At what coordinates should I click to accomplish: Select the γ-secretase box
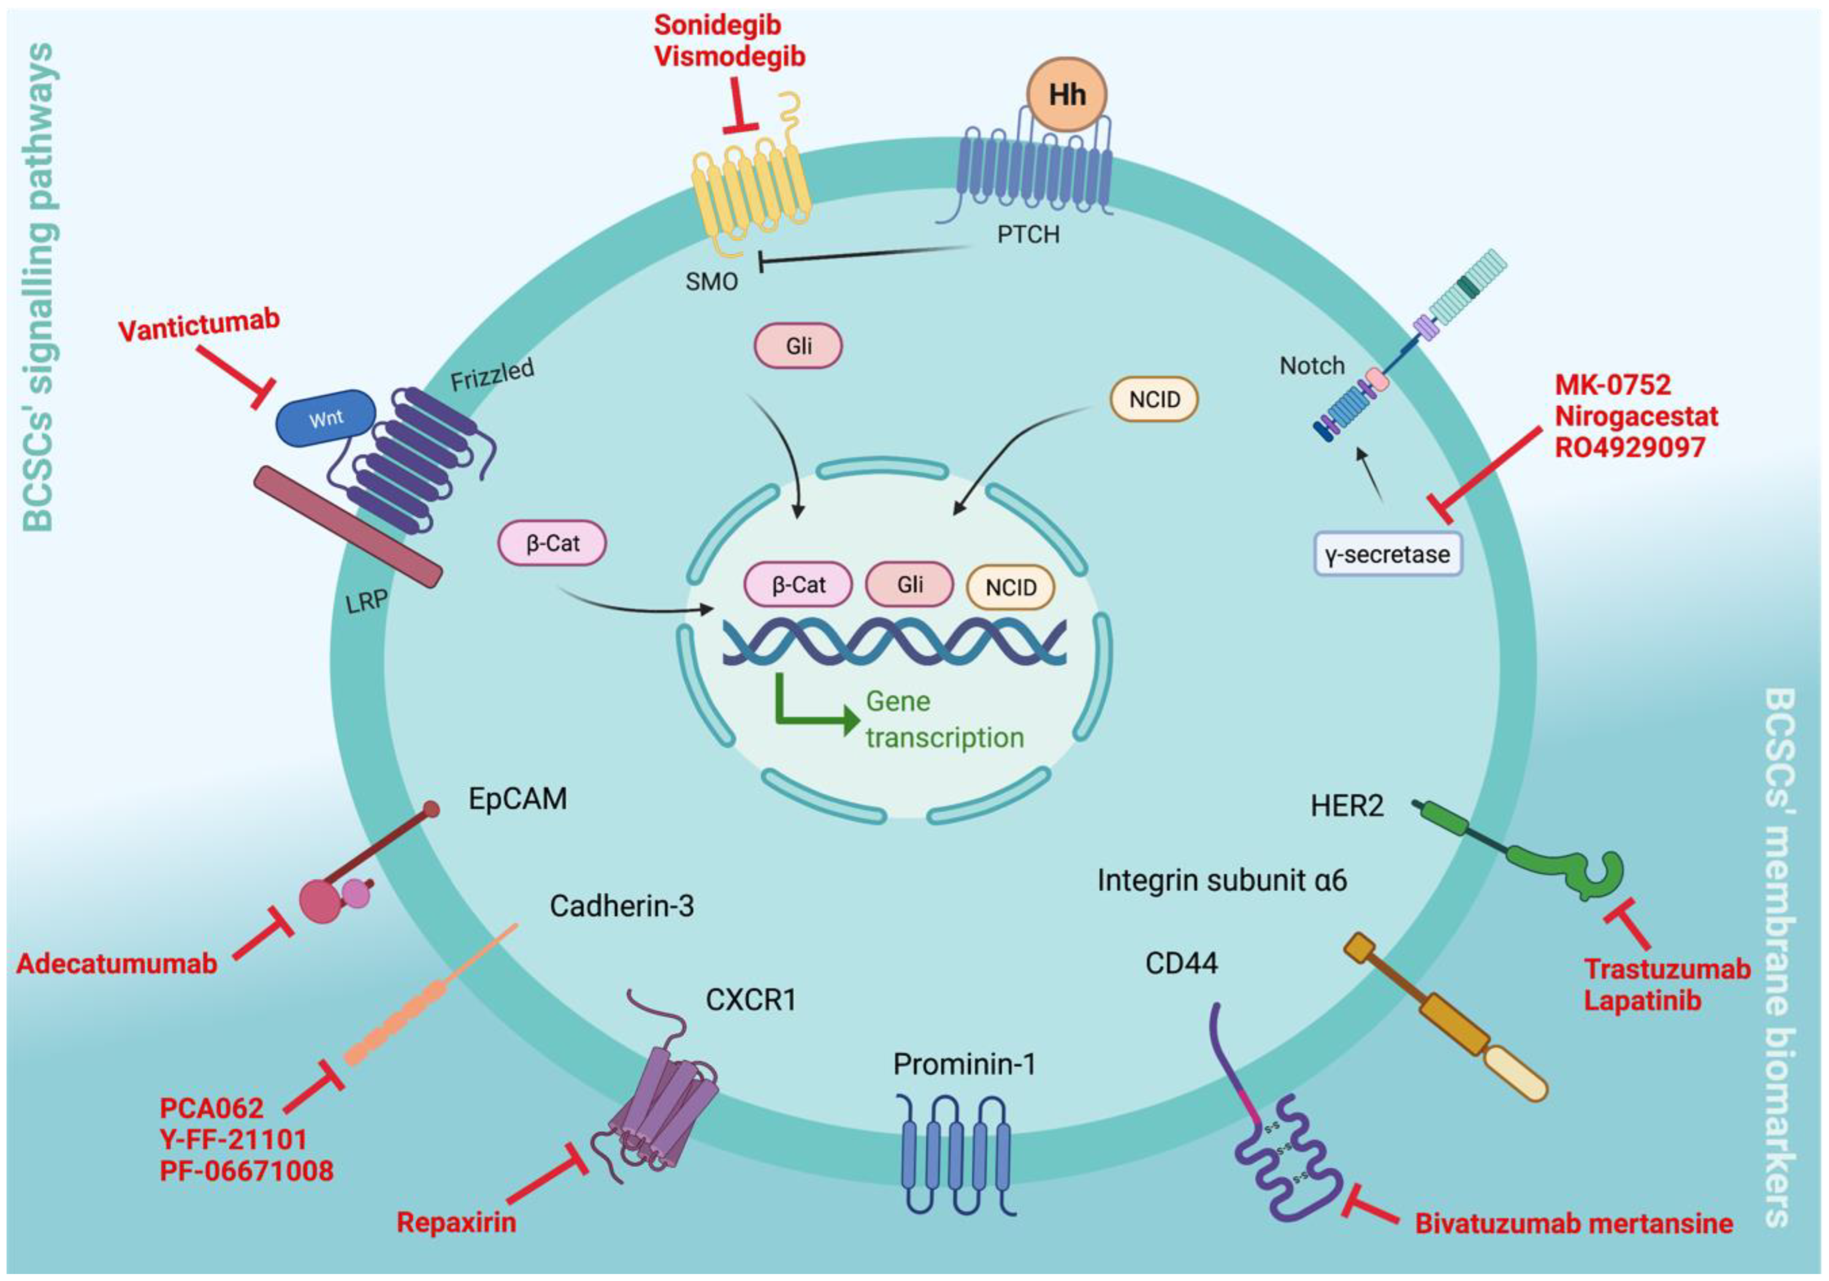click(x=1387, y=554)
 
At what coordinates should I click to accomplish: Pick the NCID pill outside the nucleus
click(x=1154, y=399)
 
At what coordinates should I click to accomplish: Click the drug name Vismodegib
click(x=730, y=56)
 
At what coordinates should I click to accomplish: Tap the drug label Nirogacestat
click(x=1636, y=416)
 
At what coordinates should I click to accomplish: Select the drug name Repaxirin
click(x=457, y=1222)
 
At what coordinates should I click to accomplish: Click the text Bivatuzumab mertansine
click(x=1574, y=1224)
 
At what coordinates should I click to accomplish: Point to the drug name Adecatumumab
click(x=117, y=964)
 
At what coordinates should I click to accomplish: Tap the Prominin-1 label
click(x=964, y=1064)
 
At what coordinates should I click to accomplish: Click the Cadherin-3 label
click(x=622, y=906)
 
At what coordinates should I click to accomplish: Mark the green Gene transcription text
click(x=945, y=719)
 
